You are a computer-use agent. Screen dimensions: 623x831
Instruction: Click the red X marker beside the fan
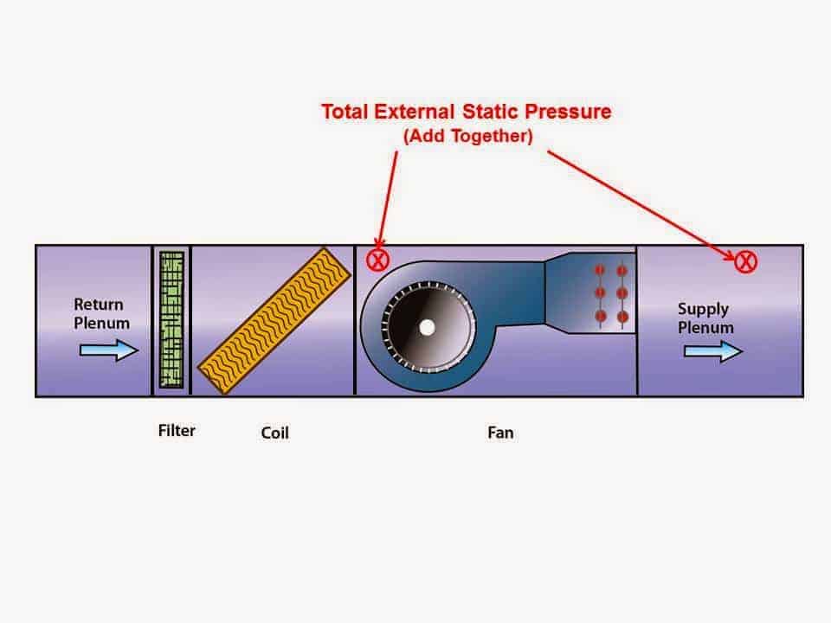[x=378, y=259]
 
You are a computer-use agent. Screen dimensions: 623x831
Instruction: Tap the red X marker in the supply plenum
[x=746, y=260]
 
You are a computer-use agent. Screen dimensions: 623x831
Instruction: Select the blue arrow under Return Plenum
[x=108, y=350]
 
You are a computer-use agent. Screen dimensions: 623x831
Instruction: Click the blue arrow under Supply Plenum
[x=712, y=351]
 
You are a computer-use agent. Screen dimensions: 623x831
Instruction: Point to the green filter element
[x=172, y=319]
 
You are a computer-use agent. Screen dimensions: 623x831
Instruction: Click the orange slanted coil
[x=274, y=323]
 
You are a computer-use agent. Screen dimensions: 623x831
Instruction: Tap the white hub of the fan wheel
[x=426, y=327]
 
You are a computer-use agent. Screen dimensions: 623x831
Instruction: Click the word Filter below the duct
[x=177, y=430]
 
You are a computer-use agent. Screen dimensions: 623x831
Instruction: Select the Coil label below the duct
[x=274, y=432]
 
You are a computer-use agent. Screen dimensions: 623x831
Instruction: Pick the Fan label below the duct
[x=500, y=432]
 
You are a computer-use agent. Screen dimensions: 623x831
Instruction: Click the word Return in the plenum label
[x=99, y=305]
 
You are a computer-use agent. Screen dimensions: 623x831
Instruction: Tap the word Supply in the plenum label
[x=703, y=309]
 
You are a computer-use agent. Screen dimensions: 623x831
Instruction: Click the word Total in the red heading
[x=345, y=112]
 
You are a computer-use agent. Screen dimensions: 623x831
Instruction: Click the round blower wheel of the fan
[x=426, y=327]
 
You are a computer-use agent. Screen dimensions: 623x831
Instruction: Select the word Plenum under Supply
[x=705, y=328]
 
